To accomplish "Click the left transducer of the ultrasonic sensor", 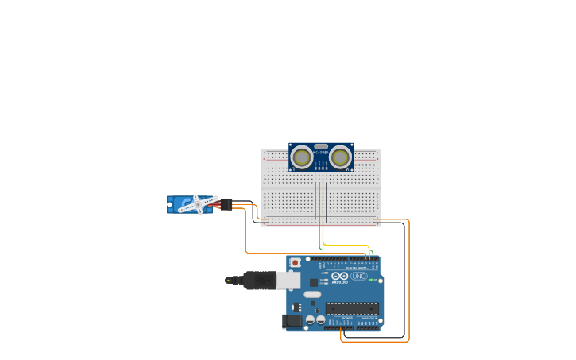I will (301, 157).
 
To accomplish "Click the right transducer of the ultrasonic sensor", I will (341, 157).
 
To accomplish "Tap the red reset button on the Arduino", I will (296, 262).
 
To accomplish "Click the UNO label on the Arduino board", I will (358, 276).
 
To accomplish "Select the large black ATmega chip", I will (352, 308).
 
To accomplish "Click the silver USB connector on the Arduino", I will (288, 280).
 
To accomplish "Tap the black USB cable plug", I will (258, 280).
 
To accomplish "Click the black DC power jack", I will (292, 321).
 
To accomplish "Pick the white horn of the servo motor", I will (197, 205).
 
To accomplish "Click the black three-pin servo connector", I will (226, 204).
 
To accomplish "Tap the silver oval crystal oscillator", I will (312, 294).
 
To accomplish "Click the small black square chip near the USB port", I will (313, 282).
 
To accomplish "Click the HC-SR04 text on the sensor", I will (321, 153).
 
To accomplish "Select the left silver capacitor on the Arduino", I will (310, 319).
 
